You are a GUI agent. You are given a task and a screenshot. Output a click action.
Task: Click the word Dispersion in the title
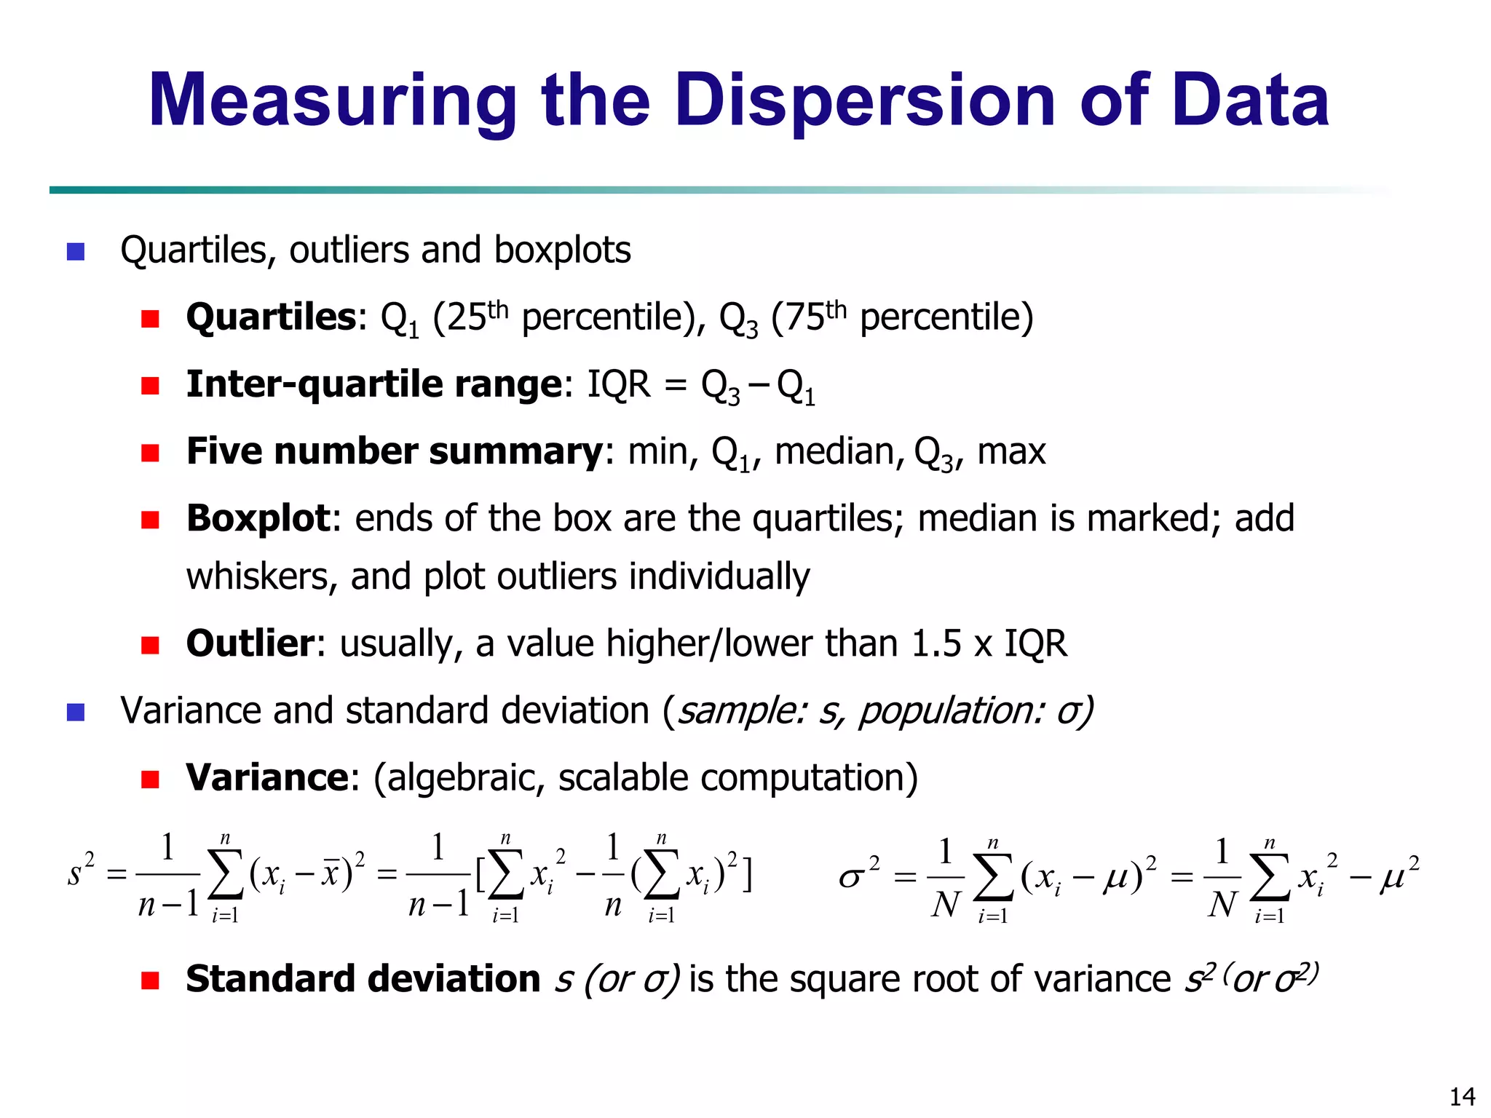[865, 102]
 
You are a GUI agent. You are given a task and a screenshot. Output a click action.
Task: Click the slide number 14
[1462, 1096]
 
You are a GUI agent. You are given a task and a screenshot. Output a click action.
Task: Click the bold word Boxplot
[258, 519]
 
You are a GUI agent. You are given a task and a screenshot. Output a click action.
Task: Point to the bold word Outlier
[250, 644]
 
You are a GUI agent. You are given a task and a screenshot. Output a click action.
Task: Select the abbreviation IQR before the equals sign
[619, 384]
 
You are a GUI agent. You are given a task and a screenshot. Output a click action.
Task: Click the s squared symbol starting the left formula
[80, 870]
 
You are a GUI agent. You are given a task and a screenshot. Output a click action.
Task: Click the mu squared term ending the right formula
[1399, 875]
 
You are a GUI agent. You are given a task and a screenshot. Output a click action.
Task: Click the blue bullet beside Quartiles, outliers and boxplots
[76, 252]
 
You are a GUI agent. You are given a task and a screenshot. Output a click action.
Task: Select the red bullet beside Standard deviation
[150, 980]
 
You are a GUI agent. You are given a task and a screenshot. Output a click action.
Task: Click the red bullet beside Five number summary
[150, 453]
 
